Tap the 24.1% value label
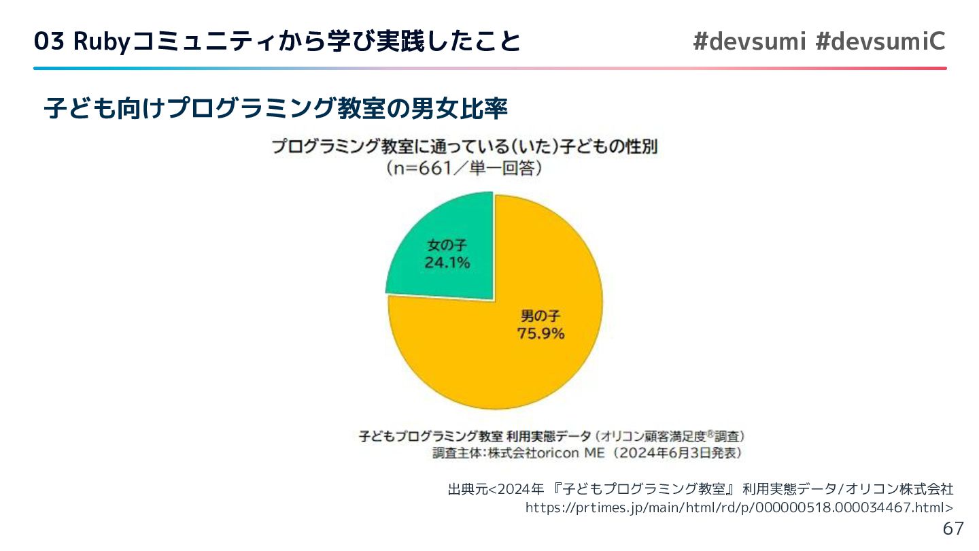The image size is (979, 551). (447, 263)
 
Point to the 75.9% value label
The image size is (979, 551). (541, 333)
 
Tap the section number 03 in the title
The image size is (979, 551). (49, 42)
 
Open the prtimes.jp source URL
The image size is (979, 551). (739, 508)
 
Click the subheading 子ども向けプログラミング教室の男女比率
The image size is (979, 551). (275, 109)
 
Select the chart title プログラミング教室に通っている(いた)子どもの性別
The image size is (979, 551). (464, 147)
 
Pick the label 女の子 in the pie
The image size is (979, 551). (447, 244)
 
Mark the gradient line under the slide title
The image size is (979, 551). (489, 68)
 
